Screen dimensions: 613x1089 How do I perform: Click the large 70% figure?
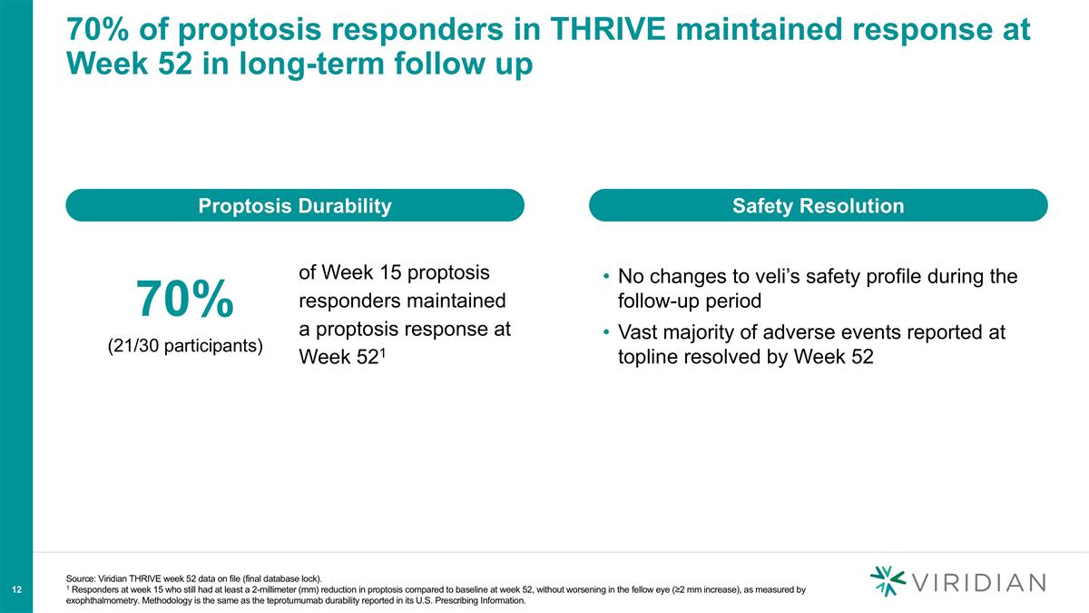[186, 299]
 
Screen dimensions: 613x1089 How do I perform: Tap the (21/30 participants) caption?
[186, 345]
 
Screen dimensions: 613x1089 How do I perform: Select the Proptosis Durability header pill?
[295, 206]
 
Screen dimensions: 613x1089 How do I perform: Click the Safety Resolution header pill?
[819, 206]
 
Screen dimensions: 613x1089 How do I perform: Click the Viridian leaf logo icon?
[888, 581]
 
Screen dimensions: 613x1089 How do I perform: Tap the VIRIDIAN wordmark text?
[980, 582]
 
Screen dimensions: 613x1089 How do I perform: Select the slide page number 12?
[16, 590]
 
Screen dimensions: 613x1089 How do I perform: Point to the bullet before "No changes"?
[605, 276]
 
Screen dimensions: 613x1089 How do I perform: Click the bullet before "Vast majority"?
[605, 333]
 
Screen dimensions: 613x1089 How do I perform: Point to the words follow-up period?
[689, 300]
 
